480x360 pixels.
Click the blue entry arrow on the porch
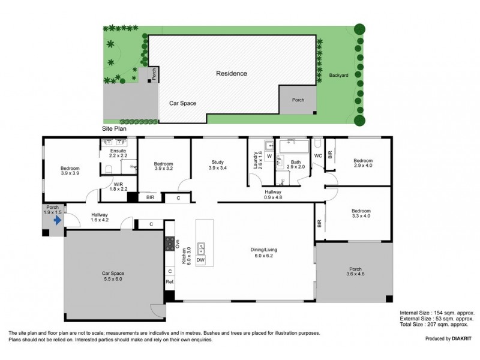[x=58, y=220]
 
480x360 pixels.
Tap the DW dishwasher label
[x=200, y=260]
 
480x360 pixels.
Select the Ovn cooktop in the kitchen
[x=170, y=244]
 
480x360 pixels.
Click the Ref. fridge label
[x=170, y=281]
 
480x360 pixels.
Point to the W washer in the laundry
[x=269, y=156]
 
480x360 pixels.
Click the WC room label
[x=318, y=156]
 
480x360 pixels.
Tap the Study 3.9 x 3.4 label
[x=218, y=165]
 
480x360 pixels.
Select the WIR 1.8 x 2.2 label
[x=118, y=187]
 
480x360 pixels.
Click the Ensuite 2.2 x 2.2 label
[x=118, y=153]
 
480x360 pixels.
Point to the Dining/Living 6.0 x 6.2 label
[x=263, y=253]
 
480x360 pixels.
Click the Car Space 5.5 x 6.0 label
[x=113, y=276]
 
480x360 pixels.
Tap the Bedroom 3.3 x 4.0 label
[x=361, y=214]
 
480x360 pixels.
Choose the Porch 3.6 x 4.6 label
[x=355, y=272]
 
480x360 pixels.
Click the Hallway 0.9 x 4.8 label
[x=273, y=194]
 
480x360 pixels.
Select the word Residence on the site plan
[x=232, y=73]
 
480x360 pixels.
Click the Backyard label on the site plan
[x=338, y=75]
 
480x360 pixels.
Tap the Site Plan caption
[x=114, y=128]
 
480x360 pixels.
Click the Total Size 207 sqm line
[x=434, y=324]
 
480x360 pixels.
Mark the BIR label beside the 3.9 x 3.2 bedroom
[x=150, y=197]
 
